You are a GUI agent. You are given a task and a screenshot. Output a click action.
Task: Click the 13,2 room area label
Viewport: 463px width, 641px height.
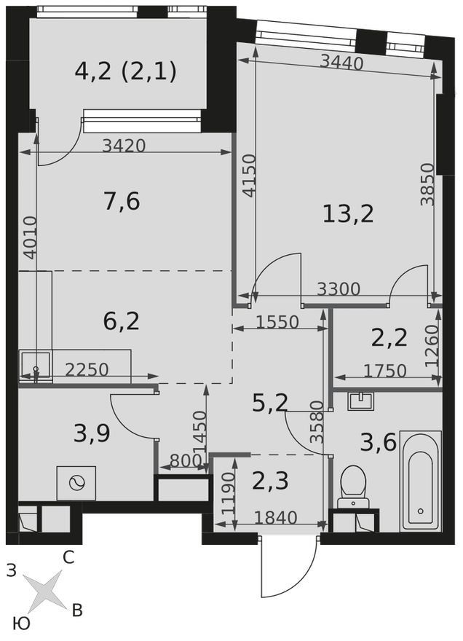(x=348, y=214)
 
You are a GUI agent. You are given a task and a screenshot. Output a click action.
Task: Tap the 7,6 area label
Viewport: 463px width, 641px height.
(x=122, y=202)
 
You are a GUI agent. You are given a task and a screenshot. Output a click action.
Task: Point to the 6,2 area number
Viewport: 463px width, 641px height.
(x=122, y=321)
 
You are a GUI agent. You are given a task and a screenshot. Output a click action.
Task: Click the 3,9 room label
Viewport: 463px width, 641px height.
(x=92, y=433)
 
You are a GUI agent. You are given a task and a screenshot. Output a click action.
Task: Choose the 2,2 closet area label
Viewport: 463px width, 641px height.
(x=389, y=338)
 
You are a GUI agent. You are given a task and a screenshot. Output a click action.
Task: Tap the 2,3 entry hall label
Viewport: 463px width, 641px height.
(x=271, y=481)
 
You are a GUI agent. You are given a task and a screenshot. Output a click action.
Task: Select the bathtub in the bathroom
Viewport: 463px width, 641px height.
(x=421, y=481)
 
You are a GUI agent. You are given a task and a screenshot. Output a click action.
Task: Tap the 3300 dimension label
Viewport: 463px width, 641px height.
(x=339, y=289)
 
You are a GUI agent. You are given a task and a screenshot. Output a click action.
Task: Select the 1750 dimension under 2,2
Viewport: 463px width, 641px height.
(x=385, y=371)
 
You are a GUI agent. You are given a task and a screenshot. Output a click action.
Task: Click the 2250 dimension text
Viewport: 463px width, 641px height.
(x=87, y=369)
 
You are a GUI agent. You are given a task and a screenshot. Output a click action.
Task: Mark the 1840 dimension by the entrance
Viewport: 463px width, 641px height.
(x=275, y=518)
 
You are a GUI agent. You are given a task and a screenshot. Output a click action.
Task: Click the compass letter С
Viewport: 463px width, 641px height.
(x=68, y=557)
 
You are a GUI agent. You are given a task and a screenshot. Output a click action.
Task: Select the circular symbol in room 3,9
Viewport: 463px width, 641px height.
(x=76, y=483)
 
